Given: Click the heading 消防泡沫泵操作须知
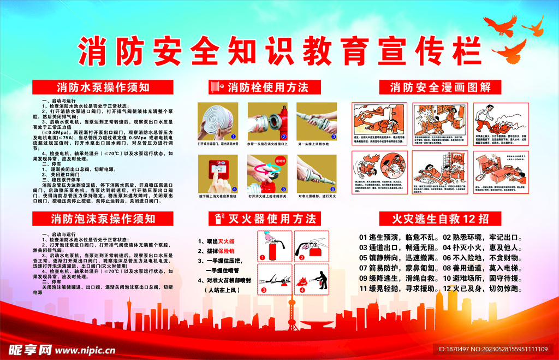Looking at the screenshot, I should click(103, 219).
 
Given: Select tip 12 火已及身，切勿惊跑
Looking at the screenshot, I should click(483, 288).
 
